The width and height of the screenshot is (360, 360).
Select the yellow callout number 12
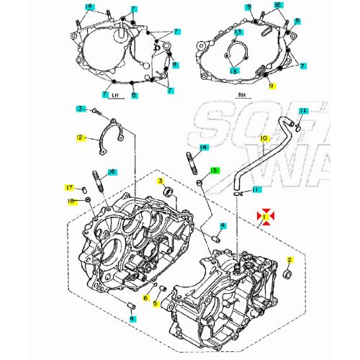point(81,137)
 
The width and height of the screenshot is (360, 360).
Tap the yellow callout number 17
point(71,186)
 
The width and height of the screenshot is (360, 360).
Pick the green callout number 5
point(215,171)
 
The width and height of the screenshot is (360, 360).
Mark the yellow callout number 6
point(145,297)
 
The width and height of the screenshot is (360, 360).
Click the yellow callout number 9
point(271,86)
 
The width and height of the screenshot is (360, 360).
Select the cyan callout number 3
point(81,108)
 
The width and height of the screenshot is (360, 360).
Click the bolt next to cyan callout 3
point(94,110)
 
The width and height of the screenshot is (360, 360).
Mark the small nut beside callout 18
point(87,199)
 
